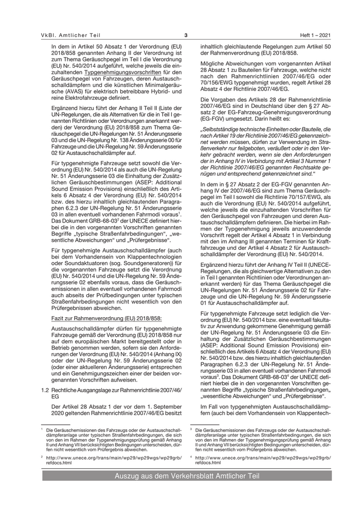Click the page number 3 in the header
click(x=186, y=35)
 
